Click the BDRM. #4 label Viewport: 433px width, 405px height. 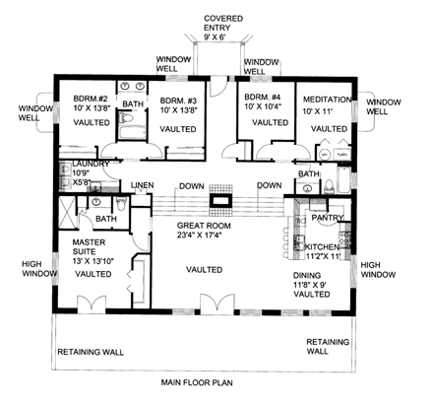(x=261, y=99)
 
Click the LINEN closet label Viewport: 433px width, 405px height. (x=143, y=185)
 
